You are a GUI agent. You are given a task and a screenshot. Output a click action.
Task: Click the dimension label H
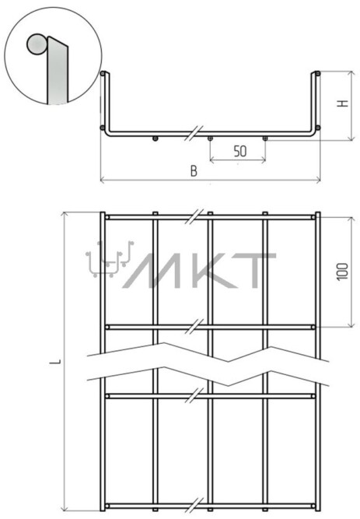tap(344, 103)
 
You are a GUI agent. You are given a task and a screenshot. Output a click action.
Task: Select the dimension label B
tap(194, 171)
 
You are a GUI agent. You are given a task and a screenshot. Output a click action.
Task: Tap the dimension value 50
tap(240, 152)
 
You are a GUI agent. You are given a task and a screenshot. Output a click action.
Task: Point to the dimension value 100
tap(343, 272)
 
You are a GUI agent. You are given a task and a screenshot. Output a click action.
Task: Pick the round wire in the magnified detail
tap(36, 44)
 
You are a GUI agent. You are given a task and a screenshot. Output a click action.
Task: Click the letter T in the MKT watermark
tap(257, 271)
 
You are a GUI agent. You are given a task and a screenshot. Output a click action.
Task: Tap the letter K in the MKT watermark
tap(210, 271)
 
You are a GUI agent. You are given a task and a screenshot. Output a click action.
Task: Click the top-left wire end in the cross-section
tap(103, 73)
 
